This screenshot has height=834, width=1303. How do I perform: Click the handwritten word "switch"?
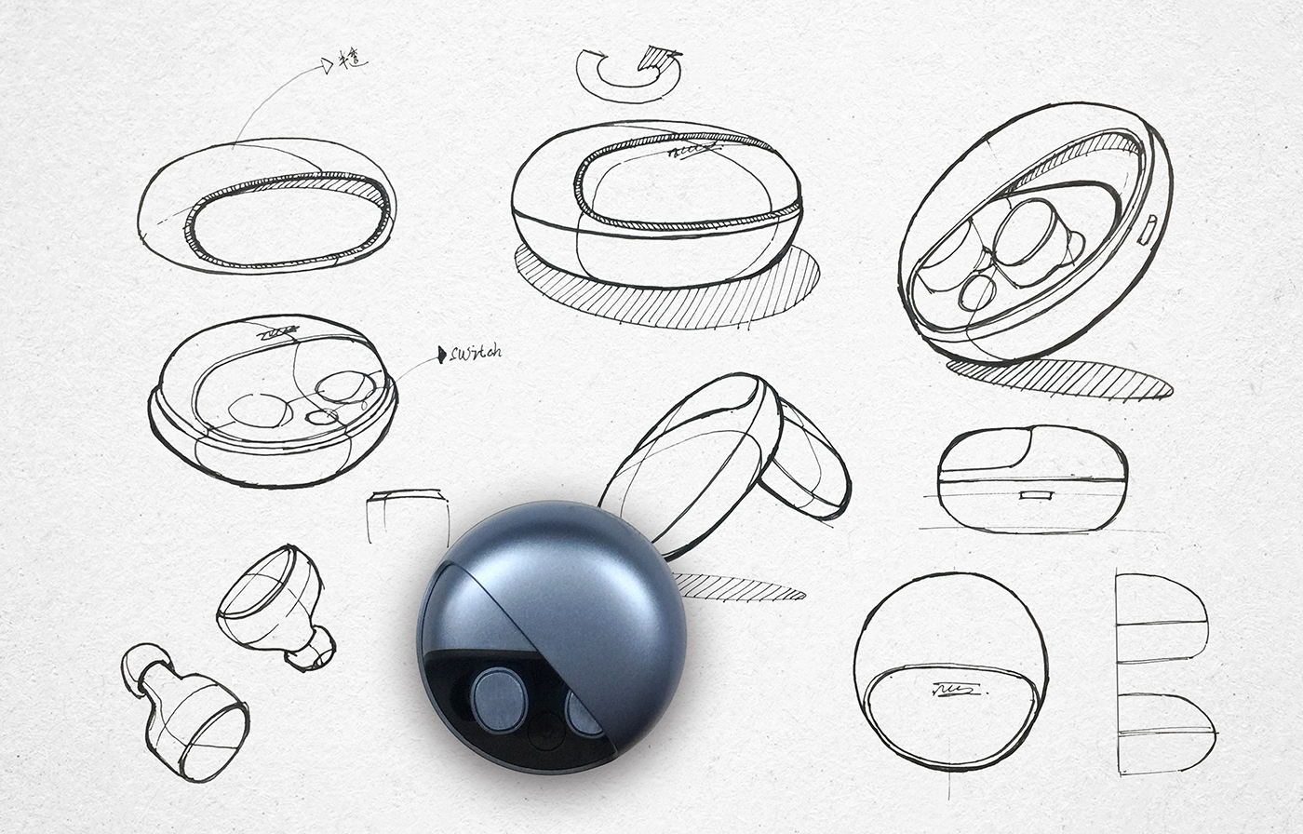click(x=476, y=353)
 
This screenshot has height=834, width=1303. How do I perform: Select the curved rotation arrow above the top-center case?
click(x=627, y=74)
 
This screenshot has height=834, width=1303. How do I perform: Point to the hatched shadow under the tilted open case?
click(x=1061, y=377)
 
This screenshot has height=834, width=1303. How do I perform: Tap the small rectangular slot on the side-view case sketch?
click(x=1035, y=494)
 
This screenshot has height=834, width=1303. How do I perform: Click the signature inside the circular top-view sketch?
click(x=951, y=690)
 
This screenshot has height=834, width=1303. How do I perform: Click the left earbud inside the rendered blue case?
click(x=499, y=699)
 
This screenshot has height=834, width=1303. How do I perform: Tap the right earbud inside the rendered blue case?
click(x=584, y=714)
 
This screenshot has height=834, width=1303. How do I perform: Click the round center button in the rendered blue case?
click(x=544, y=731)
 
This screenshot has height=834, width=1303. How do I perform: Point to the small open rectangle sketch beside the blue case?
click(x=407, y=515)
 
